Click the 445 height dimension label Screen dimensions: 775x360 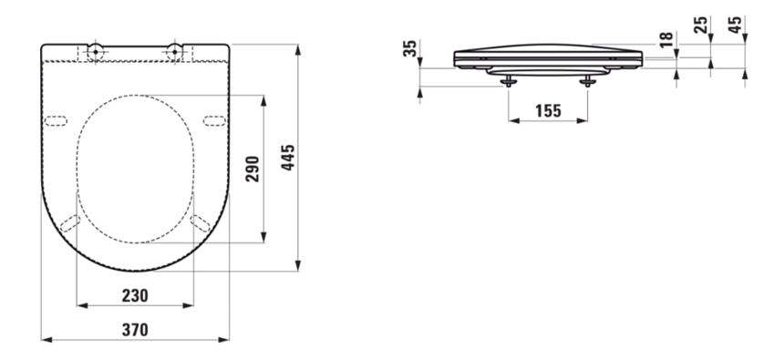287,158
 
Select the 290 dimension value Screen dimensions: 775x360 253,169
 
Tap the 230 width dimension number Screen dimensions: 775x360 135,295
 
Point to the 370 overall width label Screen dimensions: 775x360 135,329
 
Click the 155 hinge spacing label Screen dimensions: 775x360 548,110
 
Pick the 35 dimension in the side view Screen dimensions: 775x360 410,48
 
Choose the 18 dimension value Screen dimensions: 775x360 666,39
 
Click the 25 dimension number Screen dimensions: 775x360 700,25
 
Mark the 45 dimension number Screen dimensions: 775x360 736,25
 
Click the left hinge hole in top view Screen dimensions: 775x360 96,51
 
